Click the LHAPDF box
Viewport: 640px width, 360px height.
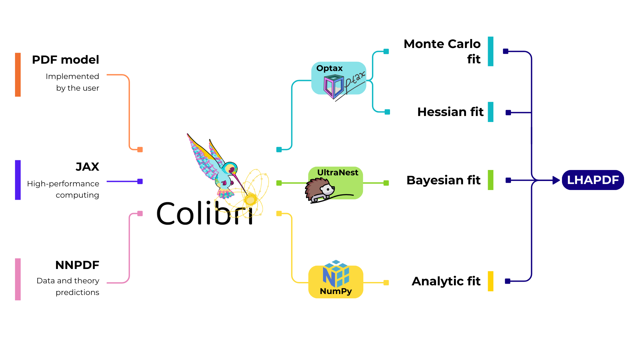pos(593,180)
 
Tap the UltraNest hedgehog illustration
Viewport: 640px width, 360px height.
pos(319,190)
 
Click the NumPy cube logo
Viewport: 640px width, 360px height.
pos(336,274)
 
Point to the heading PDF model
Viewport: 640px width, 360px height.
pos(65,60)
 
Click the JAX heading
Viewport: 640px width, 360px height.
pos(87,167)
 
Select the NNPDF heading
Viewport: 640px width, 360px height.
pos(77,265)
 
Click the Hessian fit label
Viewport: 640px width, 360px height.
pos(450,112)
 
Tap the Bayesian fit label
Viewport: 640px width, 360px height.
pos(443,180)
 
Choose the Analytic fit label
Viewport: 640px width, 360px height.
pos(446,281)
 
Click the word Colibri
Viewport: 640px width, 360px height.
pos(204,213)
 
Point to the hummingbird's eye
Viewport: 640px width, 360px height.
pos(231,170)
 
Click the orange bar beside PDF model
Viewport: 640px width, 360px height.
pos(18,75)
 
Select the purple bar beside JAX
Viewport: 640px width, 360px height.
pos(18,180)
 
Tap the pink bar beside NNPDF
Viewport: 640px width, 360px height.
pos(18,279)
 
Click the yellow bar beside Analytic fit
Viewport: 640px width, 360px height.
pos(490,281)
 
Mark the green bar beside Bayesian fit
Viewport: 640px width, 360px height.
pos(490,180)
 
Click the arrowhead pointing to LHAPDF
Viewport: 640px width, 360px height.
pos(556,180)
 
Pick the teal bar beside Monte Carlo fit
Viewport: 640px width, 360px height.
pos(490,51)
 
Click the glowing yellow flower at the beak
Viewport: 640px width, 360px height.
pos(250,200)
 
